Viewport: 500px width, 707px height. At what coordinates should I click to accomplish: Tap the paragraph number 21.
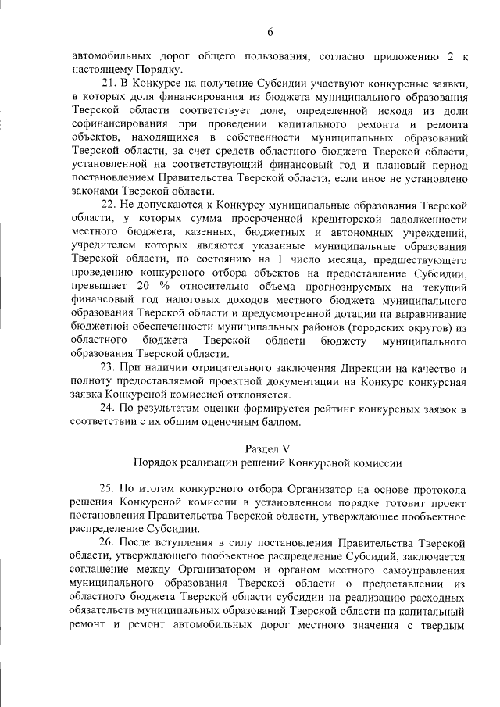pyautogui.click(x=109, y=82)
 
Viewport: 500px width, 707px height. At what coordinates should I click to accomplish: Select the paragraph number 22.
pyautogui.click(x=109, y=204)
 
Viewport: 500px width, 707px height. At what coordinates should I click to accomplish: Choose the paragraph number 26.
pyautogui.click(x=109, y=543)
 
